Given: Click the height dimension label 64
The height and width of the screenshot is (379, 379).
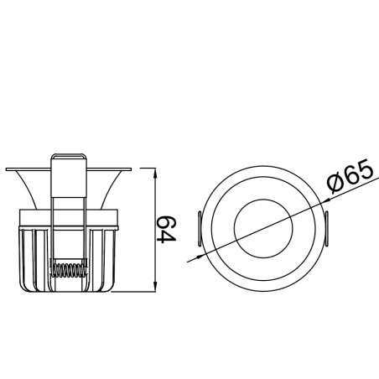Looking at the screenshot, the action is [x=167, y=229].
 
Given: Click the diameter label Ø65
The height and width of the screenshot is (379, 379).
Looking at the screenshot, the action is [x=350, y=176].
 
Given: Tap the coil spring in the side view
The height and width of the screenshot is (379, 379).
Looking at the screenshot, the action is [x=68, y=269].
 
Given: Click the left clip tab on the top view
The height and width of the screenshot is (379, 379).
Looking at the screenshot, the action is [x=200, y=229].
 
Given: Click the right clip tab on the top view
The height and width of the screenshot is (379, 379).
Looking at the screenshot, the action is [x=326, y=229].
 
